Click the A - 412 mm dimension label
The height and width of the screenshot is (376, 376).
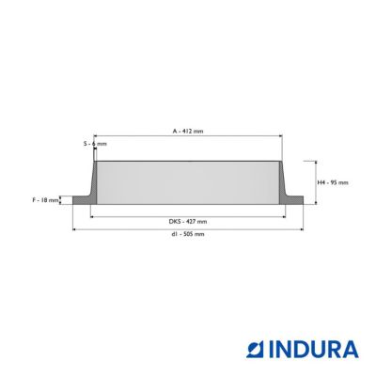click(x=188, y=131)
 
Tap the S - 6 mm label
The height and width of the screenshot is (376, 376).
click(x=95, y=144)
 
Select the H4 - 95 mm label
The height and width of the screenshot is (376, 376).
click(x=333, y=182)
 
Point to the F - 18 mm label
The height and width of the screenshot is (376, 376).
click(x=46, y=200)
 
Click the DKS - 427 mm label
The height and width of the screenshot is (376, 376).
click(x=188, y=222)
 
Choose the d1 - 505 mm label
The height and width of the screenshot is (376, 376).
click(x=188, y=234)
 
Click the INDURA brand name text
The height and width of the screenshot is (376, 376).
click(x=314, y=350)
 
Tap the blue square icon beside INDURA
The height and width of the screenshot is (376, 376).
click(x=256, y=350)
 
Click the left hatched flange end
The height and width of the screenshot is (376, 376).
click(x=82, y=200)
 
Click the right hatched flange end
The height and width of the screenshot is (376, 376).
click(x=294, y=200)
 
